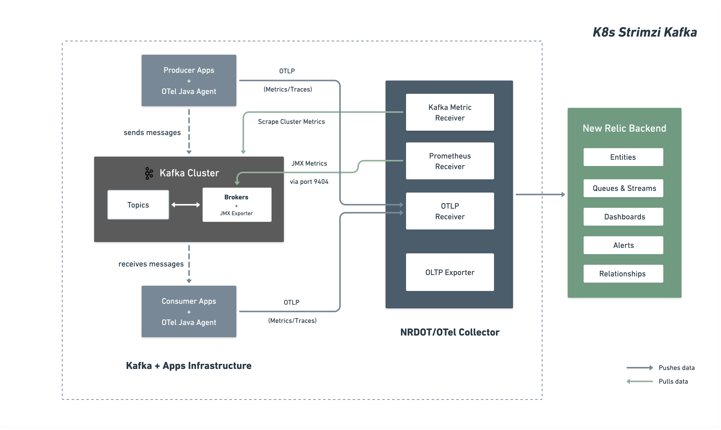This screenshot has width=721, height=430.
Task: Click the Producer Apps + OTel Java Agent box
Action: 189,81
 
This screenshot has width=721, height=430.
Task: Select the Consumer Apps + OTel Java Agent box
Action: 189,311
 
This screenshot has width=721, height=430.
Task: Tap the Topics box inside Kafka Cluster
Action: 138,205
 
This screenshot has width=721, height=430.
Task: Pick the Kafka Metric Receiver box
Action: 450,112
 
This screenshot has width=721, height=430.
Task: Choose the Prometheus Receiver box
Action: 450,161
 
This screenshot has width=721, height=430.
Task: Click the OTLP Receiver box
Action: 450,211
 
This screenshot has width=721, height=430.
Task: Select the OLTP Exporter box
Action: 450,272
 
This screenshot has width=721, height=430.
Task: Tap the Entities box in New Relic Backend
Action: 623,157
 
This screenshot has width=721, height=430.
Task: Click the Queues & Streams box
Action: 623,188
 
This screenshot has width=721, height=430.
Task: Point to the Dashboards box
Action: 623,217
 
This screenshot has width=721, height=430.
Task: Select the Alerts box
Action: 623,245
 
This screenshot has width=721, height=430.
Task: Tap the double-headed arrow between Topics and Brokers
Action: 186,205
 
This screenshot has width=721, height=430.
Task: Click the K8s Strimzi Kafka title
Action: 645,32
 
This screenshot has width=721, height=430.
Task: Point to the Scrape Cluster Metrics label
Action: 291,122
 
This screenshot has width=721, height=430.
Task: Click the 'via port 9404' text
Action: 309,182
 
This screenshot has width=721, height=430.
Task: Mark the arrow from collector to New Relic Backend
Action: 540,194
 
